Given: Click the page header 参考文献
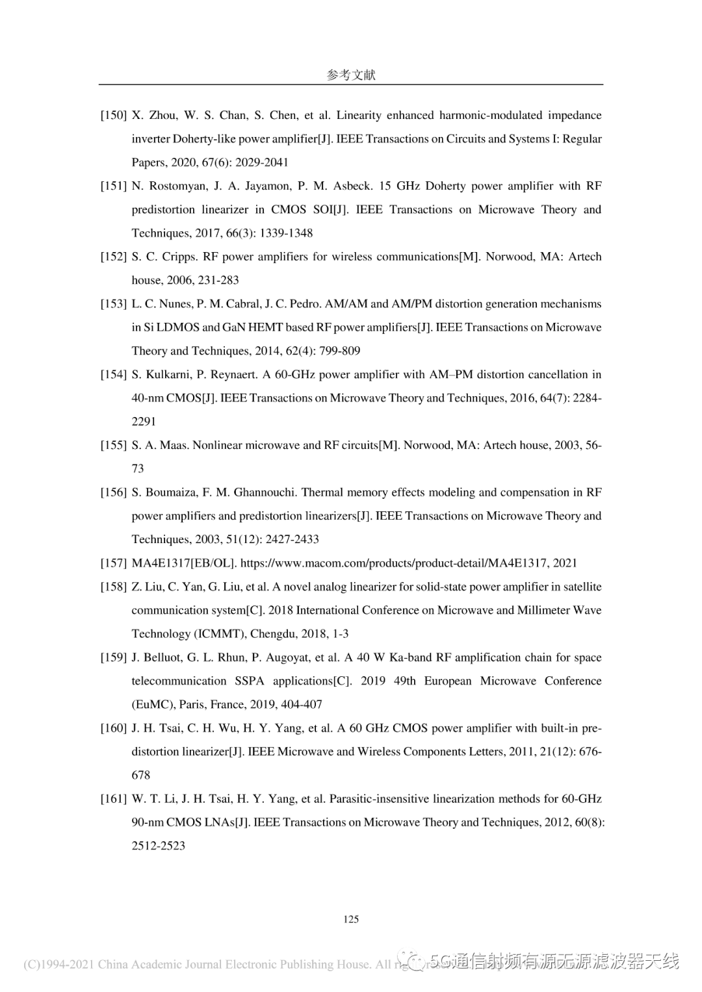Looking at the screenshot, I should pos(351,75).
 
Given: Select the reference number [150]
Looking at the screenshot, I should pos(113,116).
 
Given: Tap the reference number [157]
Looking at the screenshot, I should pos(113,563).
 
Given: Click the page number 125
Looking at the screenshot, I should pos(351,919).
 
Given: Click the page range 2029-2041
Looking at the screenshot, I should pos(262,162).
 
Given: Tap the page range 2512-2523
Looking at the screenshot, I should pos(158,846).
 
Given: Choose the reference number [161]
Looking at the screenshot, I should pos(113,799).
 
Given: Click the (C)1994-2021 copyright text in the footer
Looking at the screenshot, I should pos(58,965).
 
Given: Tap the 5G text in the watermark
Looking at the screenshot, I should pos(439,961).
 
